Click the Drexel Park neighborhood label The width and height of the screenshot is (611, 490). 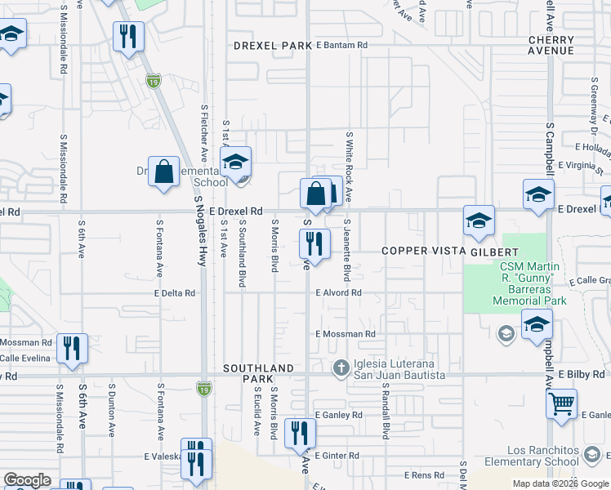pos(273,46)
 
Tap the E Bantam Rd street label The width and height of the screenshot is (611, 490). pos(341,45)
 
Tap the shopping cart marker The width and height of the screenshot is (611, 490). pos(561,403)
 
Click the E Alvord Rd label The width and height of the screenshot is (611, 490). pos(338,292)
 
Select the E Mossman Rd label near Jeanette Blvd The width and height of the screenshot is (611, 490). pos(345,334)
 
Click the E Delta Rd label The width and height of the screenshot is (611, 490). pos(174,292)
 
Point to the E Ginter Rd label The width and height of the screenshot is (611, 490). pos(337,455)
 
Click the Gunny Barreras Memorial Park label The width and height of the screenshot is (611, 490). pos(529,283)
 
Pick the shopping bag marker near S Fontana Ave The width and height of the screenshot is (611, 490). pos(163,171)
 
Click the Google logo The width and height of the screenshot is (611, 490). pos(27,480)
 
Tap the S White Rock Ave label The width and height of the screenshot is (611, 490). pos(348,167)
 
